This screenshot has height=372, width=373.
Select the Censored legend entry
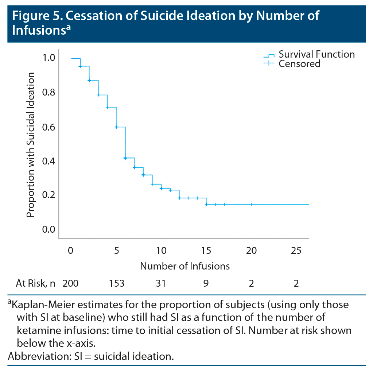point(299,63)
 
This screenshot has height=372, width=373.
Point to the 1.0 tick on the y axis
point(50,58)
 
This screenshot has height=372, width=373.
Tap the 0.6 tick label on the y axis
point(50,127)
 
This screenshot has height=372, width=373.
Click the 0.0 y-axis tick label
point(50,229)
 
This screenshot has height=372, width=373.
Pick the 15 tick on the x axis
point(206,251)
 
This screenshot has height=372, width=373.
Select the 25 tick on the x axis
point(296,251)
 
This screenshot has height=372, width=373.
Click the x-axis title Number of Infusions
point(185,266)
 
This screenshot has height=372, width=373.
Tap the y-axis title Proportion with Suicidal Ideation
point(31,145)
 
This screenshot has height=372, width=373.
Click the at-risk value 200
point(71,283)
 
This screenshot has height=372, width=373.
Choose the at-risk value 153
point(116,283)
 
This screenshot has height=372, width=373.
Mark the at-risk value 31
point(161,283)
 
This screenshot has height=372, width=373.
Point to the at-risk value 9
point(206,283)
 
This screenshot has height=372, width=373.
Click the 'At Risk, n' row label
point(35,283)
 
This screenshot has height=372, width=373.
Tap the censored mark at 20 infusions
point(251,204)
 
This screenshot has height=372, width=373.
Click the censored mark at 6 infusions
point(125,158)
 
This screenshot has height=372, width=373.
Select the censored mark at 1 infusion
point(80,66)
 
